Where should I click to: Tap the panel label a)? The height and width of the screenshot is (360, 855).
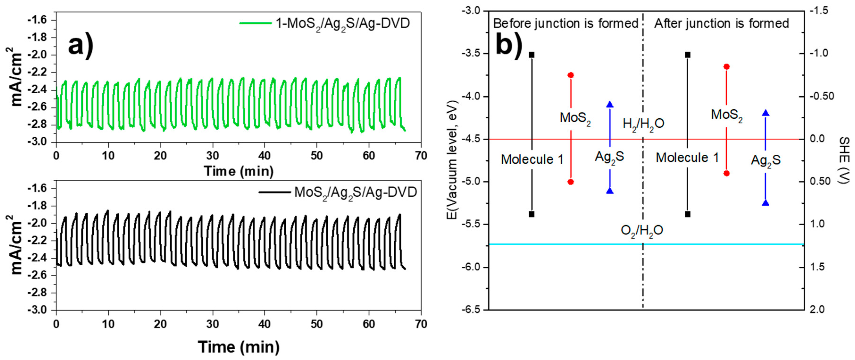(x=81, y=46)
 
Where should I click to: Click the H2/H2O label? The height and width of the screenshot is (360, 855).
(x=643, y=124)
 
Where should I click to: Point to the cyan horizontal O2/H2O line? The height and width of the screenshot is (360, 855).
(x=564, y=244)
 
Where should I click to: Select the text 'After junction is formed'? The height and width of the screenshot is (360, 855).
(x=722, y=24)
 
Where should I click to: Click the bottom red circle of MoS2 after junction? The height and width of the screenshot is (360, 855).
(x=726, y=173)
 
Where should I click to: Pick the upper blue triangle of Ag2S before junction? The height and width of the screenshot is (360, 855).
(x=610, y=104)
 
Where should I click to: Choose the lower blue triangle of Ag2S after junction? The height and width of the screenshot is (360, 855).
(x=765, y=203)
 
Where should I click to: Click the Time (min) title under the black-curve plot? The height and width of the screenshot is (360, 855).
(x=239, y=347)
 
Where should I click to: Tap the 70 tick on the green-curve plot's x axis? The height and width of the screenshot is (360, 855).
(x=421, y=156)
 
